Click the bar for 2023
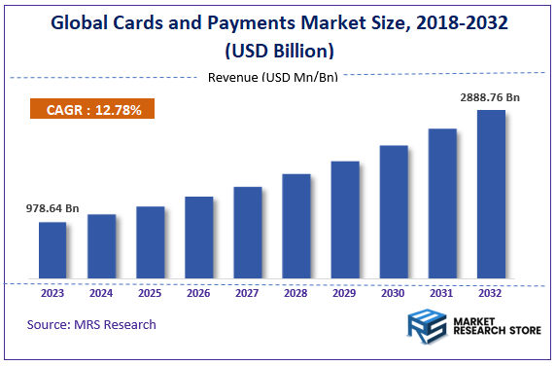coord(52,251)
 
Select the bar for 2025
coord(150,243)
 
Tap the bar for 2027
coord(248,234)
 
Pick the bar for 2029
coord(345,221)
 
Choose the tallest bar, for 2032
coord(491,195)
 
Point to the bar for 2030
coord(394,213)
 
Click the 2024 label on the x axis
coord(101,292)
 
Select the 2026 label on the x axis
coord(198,292)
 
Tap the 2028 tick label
coord(296,292)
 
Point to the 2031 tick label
coord(442,292)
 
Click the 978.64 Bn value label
coord(52,208)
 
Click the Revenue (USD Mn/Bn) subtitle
coord(273,78)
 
